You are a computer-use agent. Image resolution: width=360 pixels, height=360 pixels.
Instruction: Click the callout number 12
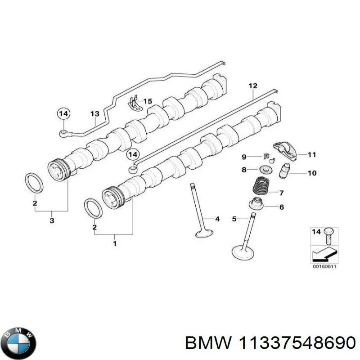click(x=252, y=85)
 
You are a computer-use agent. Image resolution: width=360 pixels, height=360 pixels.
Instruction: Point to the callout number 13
click(x=94, y=114)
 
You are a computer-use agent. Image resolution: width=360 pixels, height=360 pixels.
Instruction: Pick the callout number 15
click(x=148, y=101)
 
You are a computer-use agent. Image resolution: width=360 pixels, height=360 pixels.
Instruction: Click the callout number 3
click(x=52, y=220)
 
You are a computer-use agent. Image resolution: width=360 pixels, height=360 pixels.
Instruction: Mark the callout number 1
click(x=115, y=243)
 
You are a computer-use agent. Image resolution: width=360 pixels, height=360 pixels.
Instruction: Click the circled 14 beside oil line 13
click(x=64, y=114)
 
